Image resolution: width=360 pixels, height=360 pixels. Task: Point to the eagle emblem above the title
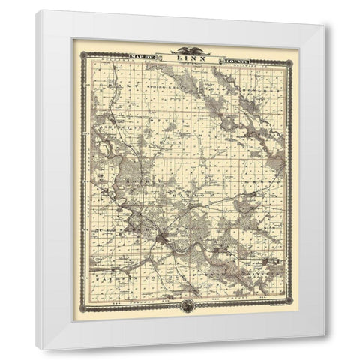coord(183,50)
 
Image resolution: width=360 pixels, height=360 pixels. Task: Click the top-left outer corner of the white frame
coord(35,10)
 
